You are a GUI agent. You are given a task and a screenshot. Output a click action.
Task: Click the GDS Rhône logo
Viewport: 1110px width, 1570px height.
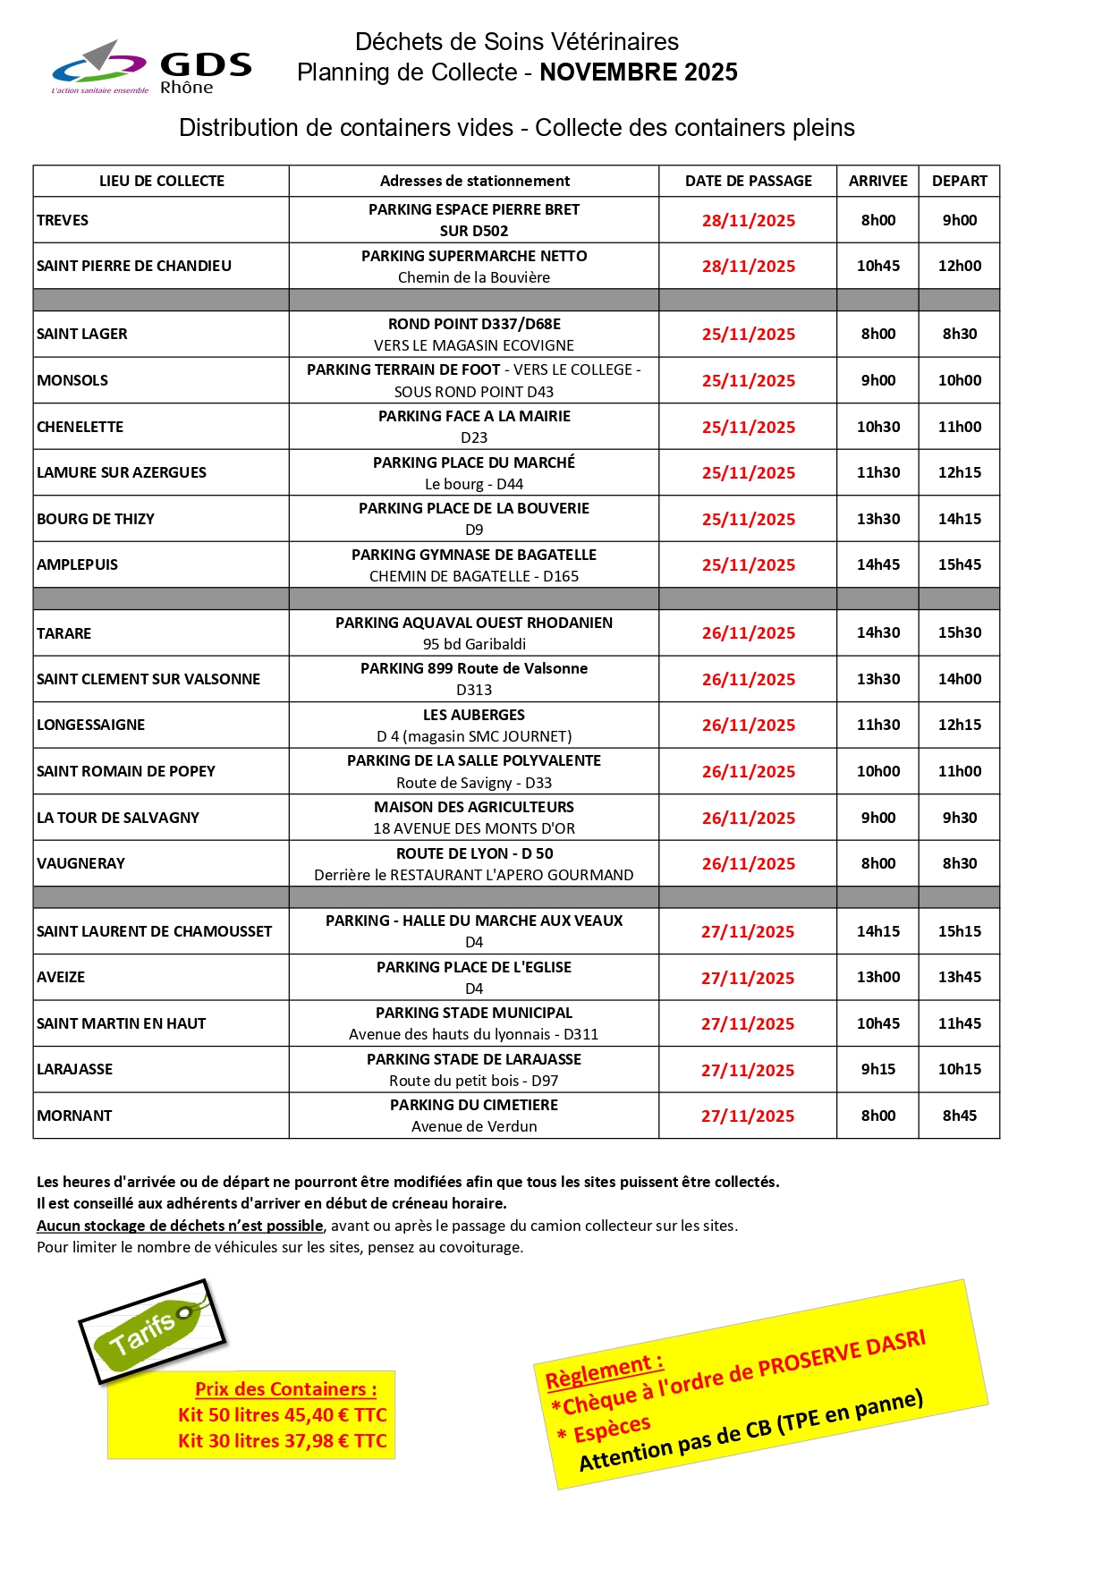[152, 68]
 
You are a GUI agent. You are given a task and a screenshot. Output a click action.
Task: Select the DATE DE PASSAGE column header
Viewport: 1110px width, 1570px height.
[748, 181]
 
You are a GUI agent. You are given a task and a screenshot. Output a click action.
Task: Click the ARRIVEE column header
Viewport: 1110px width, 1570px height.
[877, 181]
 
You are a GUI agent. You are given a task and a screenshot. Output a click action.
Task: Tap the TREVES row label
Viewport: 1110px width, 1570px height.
[63, 220]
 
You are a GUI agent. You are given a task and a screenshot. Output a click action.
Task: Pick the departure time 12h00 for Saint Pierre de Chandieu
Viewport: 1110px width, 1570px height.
[959, 266]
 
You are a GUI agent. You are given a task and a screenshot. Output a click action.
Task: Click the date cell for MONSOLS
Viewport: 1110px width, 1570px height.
[748, 380]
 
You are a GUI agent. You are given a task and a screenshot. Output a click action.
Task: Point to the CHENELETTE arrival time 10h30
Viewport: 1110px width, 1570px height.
[877, 427]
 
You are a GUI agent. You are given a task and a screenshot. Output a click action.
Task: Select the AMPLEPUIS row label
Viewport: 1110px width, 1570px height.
[78, 564]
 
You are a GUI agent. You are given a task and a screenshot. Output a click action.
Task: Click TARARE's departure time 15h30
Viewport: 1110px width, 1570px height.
[959, 632]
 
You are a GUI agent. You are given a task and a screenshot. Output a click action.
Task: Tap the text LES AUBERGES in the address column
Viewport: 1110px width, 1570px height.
[474, 715]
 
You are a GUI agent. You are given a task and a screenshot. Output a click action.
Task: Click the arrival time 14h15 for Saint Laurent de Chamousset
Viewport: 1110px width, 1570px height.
[877, 931]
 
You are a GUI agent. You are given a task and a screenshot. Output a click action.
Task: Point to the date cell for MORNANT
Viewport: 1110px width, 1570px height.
[748, 1116]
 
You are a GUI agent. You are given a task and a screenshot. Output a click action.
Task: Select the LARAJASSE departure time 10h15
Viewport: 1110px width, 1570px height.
[959, 1069]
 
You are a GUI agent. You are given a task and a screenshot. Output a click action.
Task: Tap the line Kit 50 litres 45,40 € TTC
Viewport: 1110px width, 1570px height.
[282, 1414]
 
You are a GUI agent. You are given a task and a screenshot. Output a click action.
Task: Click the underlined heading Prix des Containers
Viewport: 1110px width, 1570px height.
[285, 1389]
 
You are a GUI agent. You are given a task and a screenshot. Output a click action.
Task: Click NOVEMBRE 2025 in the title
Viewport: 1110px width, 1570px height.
[638, 72]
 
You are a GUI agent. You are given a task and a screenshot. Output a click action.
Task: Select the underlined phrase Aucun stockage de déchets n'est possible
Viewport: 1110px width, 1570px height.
[180, 1226]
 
